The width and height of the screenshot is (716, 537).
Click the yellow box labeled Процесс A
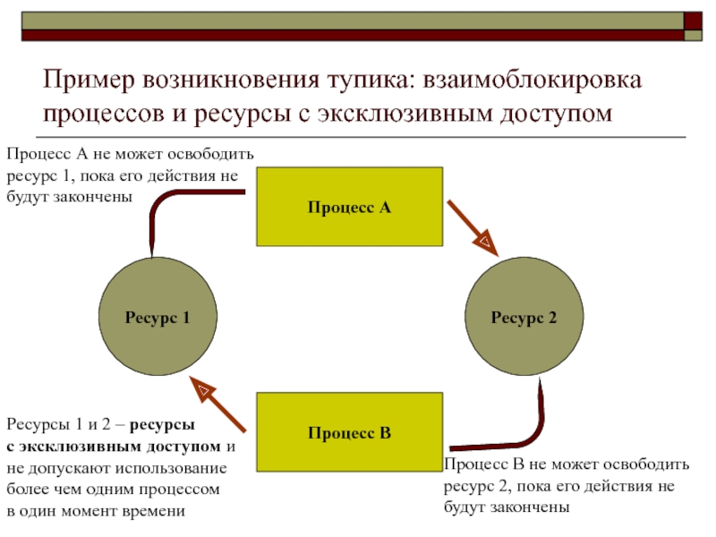coord(349,207)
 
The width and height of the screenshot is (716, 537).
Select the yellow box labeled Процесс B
coord(349,433)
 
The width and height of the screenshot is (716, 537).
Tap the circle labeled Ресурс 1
coord(157,316)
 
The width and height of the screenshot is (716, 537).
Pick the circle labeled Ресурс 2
coord(524,316)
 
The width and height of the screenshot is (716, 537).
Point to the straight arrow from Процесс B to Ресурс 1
coord(219,405)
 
